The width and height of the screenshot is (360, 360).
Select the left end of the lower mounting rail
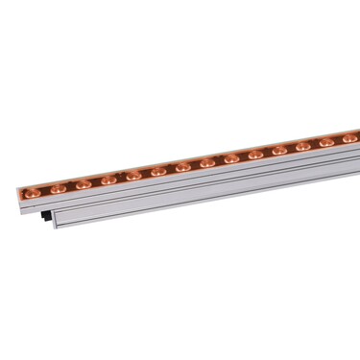[58, 222]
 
